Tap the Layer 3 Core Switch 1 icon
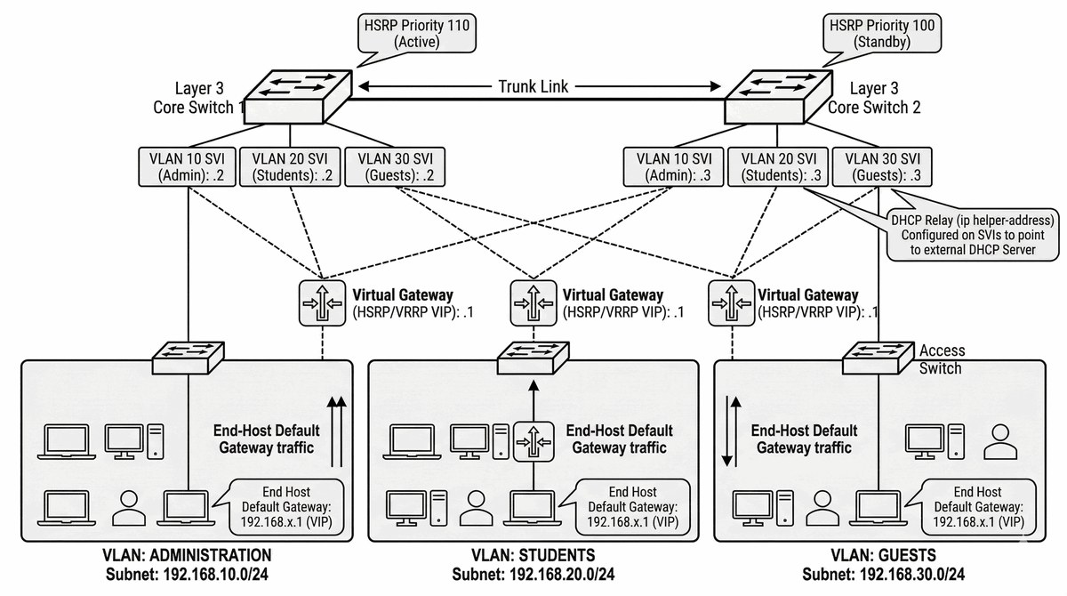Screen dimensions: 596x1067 298,95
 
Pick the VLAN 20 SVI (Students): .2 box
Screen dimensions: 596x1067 289,166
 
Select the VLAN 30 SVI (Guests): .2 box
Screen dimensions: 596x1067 394,166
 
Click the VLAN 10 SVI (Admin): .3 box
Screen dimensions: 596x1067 673,166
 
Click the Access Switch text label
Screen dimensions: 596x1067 941,359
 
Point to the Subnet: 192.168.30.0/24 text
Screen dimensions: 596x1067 883,575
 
